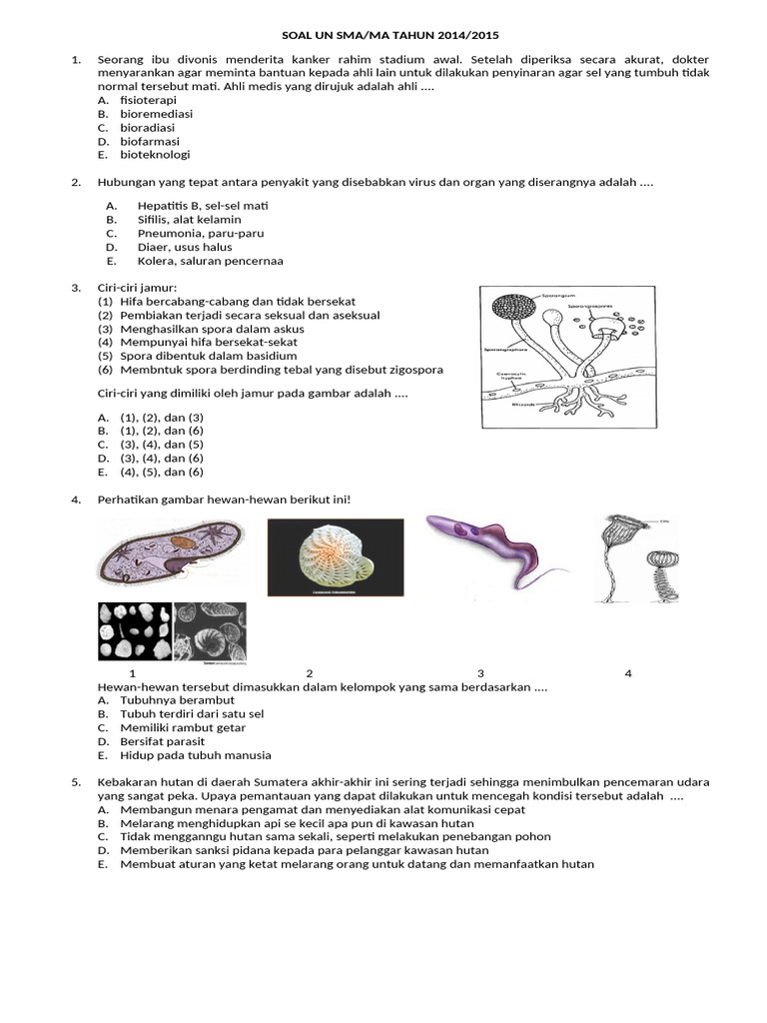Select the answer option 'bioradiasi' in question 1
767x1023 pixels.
(x=148, y=128)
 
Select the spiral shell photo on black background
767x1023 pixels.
(x=336, y=556)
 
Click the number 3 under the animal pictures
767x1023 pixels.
(x=480, y=673)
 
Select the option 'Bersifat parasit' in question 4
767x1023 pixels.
(x=163, y=741)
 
